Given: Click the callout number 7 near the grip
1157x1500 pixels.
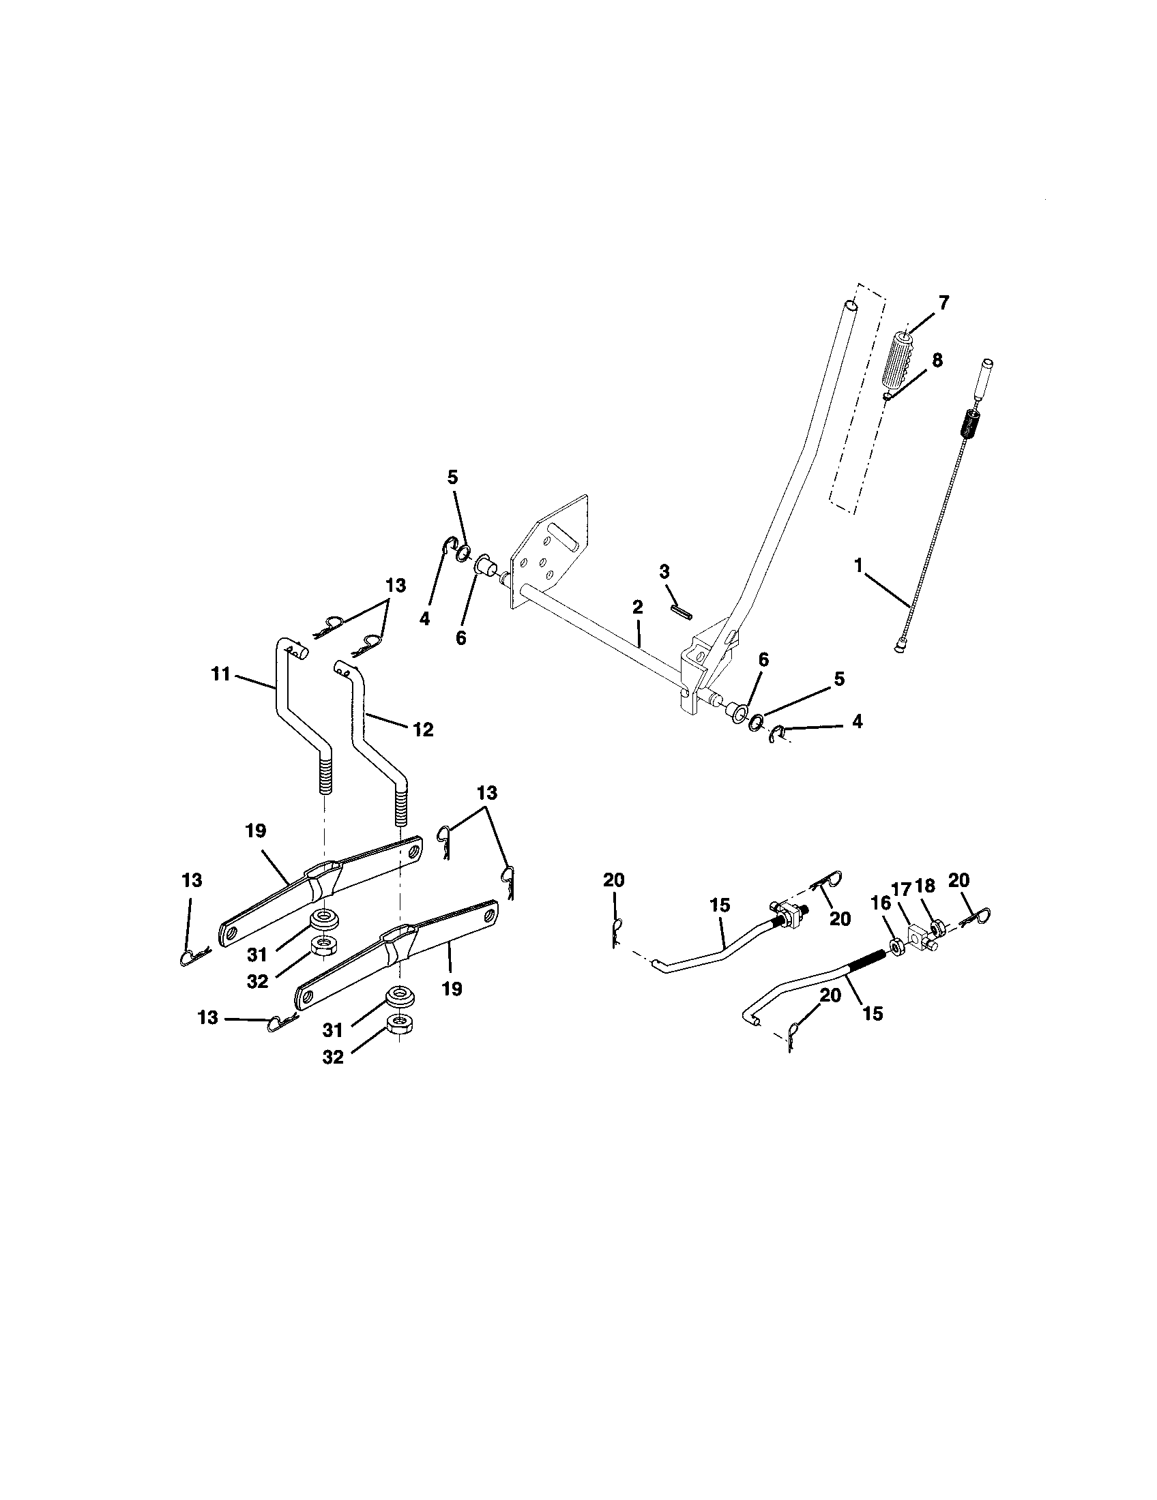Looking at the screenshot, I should tap(943, 303).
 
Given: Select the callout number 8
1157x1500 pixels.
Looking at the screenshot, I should tap(937, 361).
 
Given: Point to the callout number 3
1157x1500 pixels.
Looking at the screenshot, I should tap(664, 571).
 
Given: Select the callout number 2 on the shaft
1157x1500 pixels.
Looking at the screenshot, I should tap(637, 607).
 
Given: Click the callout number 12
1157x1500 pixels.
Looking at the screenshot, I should tap(424, 730).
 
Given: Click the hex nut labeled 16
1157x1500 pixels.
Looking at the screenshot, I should tap(896, 946).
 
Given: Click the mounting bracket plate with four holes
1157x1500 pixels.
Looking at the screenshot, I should tap(550, 550).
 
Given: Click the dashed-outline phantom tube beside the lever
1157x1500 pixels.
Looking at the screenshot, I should tap(855, 405).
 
